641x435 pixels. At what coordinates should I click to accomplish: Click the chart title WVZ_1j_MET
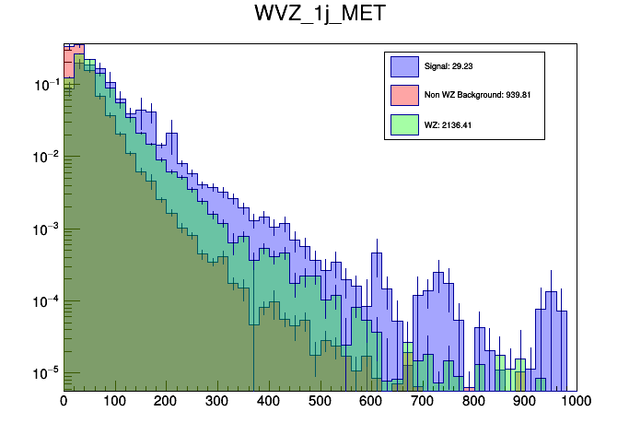[x=320, y=16]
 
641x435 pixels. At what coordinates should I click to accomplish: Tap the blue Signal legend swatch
[x=404, y=66]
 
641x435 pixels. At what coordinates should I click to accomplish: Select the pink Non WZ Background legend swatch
[x=404, y=95]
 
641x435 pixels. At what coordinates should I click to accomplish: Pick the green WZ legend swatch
[x=404, y=124]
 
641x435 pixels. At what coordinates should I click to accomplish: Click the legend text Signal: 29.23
[x=449, y=66]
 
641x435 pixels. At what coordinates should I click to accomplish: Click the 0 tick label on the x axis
[x=64, y=401]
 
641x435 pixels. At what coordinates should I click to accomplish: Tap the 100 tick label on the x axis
[x=115, y=401]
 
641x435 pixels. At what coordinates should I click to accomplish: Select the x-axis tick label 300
[x=217, y=401]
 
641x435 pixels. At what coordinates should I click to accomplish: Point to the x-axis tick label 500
[x=320, y=401]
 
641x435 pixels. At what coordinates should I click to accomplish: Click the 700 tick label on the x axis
[x=422, y=401]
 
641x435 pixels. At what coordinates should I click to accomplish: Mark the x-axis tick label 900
[x=524, y=401]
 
